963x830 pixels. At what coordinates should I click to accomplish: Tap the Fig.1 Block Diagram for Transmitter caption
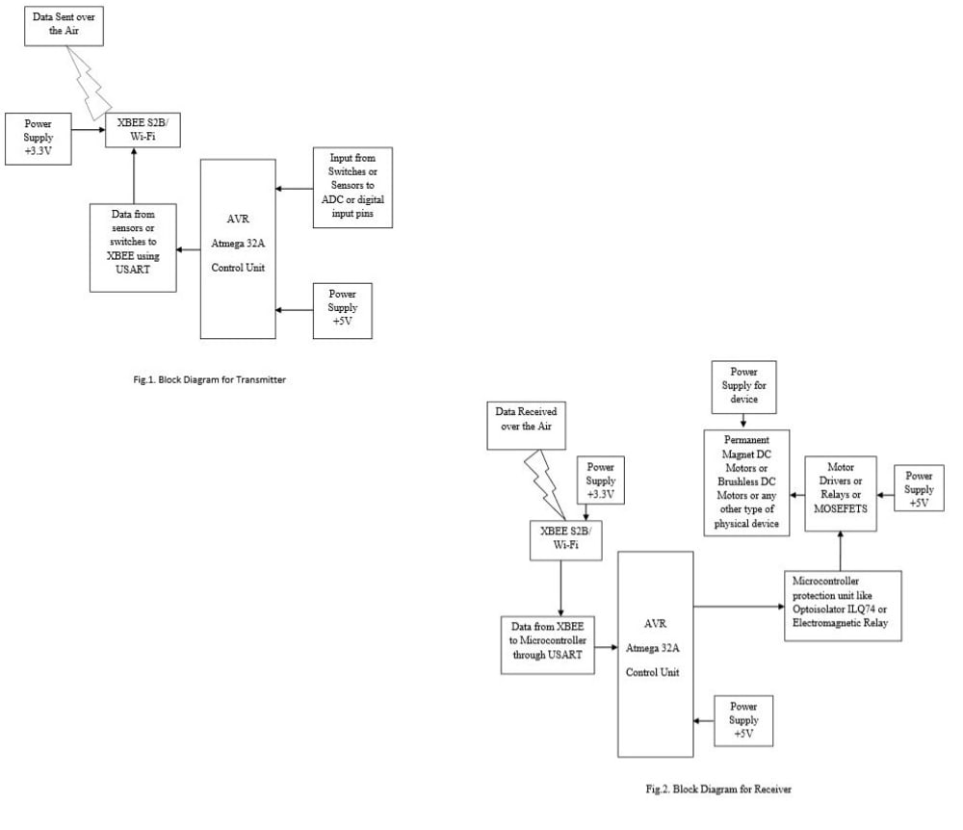click(209, 379)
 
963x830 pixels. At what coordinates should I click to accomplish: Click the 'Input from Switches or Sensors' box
click(353, 188)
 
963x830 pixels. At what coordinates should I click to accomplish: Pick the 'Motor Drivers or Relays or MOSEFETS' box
click(841, 494)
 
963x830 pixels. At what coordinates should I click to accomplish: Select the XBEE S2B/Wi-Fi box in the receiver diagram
click(565, 540)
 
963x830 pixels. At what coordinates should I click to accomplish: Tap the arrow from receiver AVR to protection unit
click(740, 607)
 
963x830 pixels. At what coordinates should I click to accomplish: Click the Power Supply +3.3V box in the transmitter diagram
click(39, 138)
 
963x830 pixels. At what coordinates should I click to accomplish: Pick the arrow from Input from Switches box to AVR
click(294, 189)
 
